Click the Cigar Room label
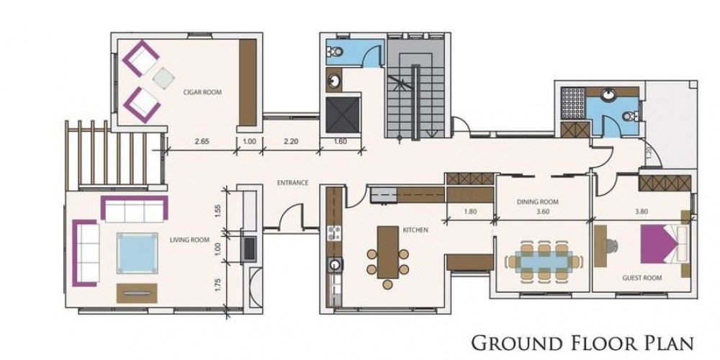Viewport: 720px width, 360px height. [x=202, y=92]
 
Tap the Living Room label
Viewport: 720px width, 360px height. [x=189, y=240]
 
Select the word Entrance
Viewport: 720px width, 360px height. [x=292, y=183]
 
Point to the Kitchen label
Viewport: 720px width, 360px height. [x=415, y=230]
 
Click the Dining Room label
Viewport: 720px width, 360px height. [x=538, y=202]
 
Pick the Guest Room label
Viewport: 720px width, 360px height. [x=642, y=278]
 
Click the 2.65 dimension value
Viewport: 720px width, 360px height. [x=202, y=141]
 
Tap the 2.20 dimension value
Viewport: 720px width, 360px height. [x=291, y=141]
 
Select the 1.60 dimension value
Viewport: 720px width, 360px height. [x=340, y=141]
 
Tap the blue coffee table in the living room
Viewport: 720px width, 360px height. [x=137, y=253]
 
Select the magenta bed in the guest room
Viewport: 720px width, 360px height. [x=657, y=244]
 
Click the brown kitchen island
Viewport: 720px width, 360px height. [x=388, y=252]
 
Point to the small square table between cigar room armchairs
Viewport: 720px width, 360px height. [x=163, y=78]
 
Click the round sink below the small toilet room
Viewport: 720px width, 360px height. [x=334, y=82]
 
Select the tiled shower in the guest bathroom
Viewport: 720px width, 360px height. [x=573, y=103]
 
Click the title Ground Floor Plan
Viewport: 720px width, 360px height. [x=582, y=343]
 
